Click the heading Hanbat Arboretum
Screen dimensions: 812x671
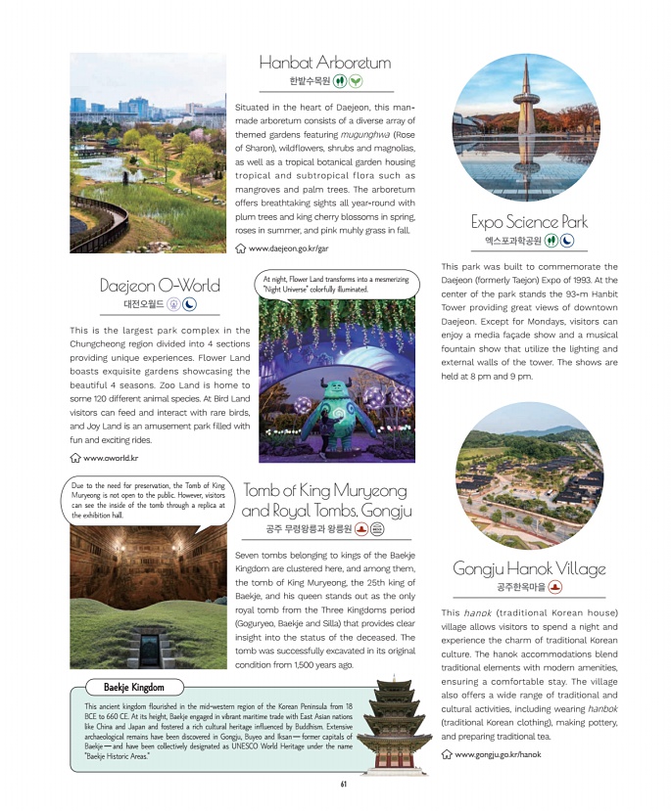point(324,62)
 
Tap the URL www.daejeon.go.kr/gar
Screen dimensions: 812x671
point(288,248)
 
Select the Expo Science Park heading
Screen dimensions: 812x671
point(529,222)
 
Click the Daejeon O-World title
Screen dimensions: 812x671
point(160,286)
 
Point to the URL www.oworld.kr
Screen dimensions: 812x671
point(111,457)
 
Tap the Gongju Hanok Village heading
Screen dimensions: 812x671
point(529,568)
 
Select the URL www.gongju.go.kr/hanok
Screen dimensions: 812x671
point(498,754)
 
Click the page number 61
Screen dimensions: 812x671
point(344,784)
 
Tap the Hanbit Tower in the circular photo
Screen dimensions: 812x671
point(527,108)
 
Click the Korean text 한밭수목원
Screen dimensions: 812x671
point(310,81)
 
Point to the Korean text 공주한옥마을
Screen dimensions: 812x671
point(520,587)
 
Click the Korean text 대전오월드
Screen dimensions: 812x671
point(143,305)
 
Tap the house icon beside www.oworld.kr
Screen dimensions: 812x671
point(75,457)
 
